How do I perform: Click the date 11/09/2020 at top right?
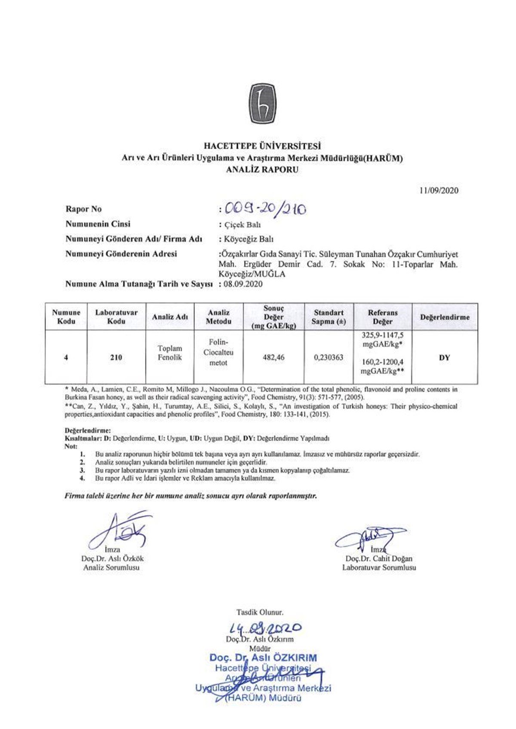click(x=439, y=190)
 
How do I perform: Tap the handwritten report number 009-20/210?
click(x=264, y=209)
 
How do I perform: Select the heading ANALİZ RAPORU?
click(x=262, y=170)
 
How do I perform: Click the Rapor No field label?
click(x=83, y=209)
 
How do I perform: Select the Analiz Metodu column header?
click(x=218, y=317)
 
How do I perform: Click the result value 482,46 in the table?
click(x=273, y=357)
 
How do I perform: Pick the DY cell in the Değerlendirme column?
click(x=444, y=357)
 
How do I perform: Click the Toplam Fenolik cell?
click(x=170, y=353)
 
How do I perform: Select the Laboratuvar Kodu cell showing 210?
click(x=116, y=357)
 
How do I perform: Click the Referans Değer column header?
click(x=382, y=317)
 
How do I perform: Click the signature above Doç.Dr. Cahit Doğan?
click(x=370, y=537)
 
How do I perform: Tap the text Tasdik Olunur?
click(x=260, y=612)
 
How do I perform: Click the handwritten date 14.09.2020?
click(x=265, y=628)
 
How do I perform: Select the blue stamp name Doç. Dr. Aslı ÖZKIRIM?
click(x=263, y=658)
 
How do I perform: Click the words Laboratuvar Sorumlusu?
click(x=379, y=567)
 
